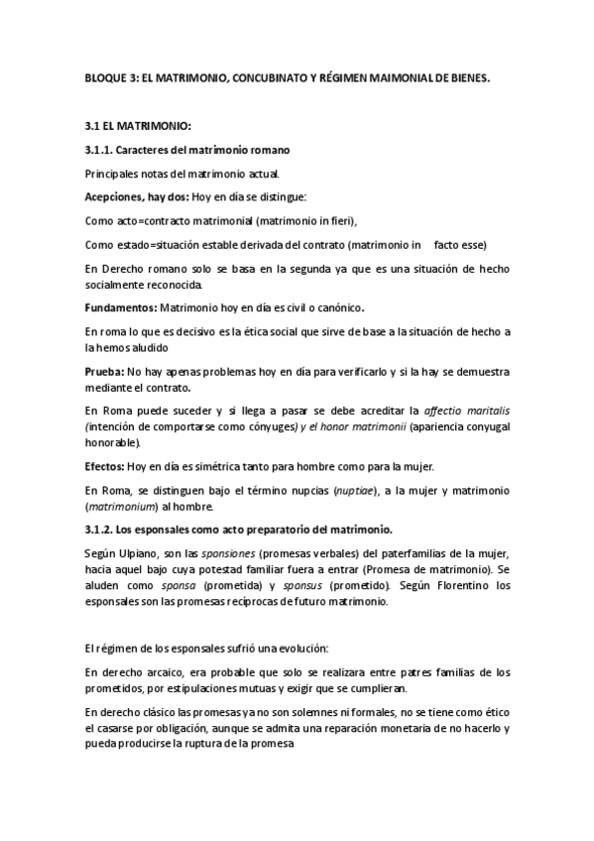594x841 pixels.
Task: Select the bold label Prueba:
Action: [x=104, y=371]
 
